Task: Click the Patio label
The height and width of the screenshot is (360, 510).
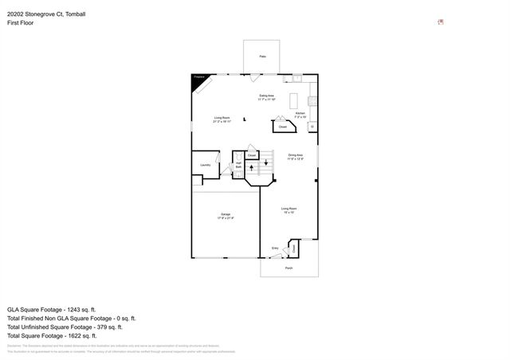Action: pos(262,57)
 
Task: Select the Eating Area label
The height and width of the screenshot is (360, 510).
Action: pos(266,98)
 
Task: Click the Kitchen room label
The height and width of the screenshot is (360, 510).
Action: pos(300,115)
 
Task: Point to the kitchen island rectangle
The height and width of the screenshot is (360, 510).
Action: pos(292,101)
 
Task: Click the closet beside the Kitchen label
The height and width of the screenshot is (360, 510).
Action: pos(280,125)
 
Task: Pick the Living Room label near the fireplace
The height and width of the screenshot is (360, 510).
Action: pos(222,120)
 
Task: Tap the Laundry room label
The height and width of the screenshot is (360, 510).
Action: pos(205,165)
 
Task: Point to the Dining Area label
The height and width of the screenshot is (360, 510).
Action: pos(295,156)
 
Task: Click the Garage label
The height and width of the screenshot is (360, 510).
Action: pos(226,216)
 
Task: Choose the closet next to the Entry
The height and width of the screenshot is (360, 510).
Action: pos(293,248)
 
